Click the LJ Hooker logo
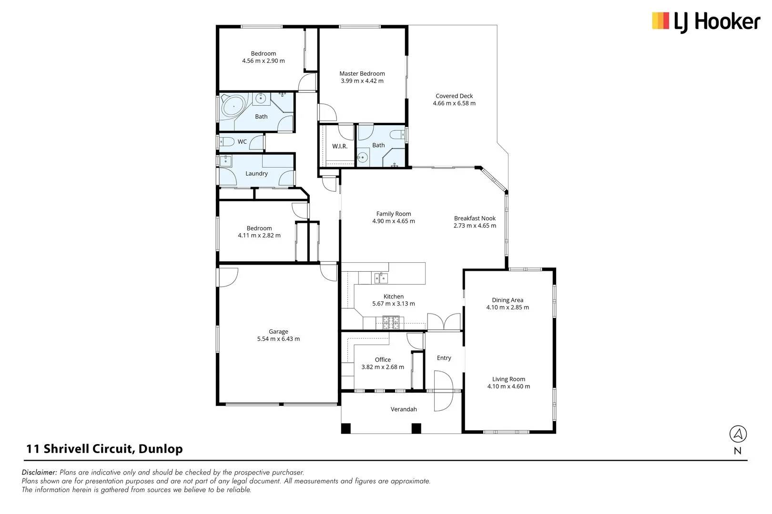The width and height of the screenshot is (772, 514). point(706,22)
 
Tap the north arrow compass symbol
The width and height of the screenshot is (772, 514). point(738,434)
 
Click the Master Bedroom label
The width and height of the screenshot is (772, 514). point(362,73)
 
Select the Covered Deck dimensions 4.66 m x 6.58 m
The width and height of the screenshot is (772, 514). point(454,103)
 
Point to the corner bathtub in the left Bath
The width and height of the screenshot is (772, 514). point(233,107)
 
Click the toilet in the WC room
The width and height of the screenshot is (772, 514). point(226,141)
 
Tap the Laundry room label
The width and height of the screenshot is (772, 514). point(256,174)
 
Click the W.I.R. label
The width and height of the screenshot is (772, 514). point(340,146)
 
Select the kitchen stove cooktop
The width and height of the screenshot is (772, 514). point(391,323)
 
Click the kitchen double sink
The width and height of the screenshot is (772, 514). point(381,277)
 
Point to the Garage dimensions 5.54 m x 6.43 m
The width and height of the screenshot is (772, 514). point(278,339)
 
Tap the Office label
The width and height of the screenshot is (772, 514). point(383,359)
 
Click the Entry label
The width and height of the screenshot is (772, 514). point(444,358)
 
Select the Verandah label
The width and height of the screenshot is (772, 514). point(404,409)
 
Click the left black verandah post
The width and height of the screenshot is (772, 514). point(345,428)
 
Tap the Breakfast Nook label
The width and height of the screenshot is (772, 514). point(475,218)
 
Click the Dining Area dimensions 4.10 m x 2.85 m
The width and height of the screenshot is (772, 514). point(508,307)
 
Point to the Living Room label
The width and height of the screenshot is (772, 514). point(508,379)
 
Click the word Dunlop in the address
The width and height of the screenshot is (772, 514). point(160,449)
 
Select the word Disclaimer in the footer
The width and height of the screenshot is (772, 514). point(39,472)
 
